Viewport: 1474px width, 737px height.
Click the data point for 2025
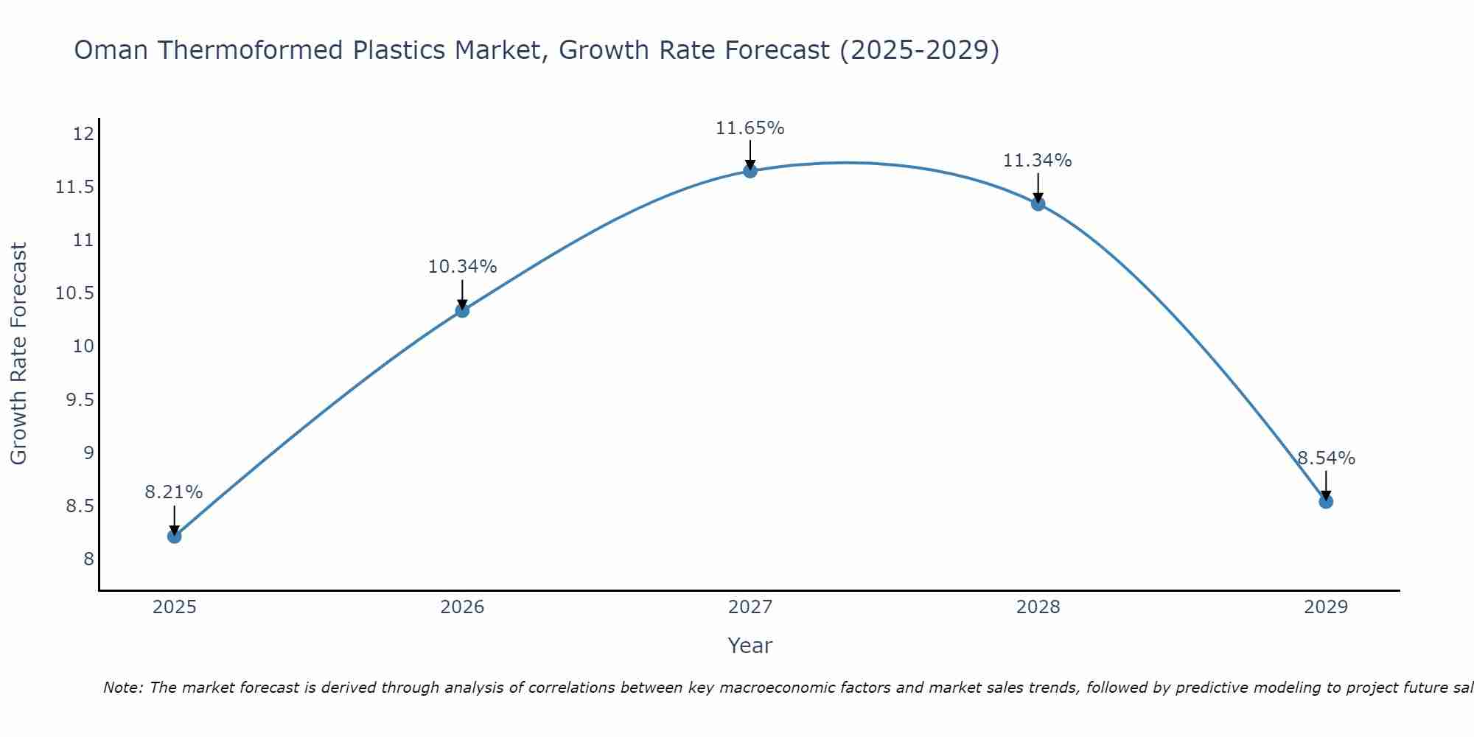(x=174, y=536)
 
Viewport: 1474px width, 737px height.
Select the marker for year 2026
(x=462, y=310)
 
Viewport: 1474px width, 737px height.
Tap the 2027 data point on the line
(x=750, y=171)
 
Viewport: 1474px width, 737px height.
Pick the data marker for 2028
(x=1038, y=203)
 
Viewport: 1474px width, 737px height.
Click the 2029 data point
(x=1326, y=501)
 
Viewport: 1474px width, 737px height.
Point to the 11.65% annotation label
(x=750, y=128)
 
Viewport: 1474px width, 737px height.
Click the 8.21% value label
(x=173, y=492)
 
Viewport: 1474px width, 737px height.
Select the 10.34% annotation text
(x=462, y=267)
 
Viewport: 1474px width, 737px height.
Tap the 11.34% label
(x=1037, y=161)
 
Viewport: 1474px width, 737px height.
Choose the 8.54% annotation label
(x=1326, y=458)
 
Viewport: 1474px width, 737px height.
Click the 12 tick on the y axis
(x=83, y=134)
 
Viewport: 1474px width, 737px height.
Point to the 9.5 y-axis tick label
(x=80, y=400)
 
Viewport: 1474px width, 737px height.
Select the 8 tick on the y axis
(x=88, y=559)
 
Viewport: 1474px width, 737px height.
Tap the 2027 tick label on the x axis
(x=750, y=607)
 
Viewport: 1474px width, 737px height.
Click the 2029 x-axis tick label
(x=1326, y=607)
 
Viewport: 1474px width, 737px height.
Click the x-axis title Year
(x=750, y=646)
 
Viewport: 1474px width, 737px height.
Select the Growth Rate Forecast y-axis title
(x=19, y=354)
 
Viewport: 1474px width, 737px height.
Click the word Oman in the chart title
(x=111, y=51)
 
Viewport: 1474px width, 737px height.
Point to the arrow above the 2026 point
(x=462, y=293)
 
